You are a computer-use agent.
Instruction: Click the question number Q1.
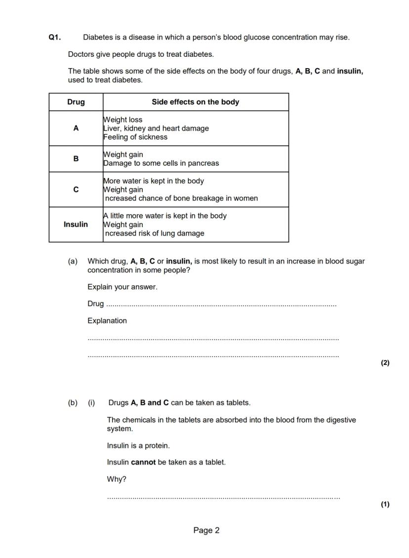tap(54, 38)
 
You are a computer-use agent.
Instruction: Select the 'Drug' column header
tap(76, 102)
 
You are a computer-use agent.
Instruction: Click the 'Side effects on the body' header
tap(195, 102)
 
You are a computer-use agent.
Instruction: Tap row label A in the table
tap(76, 128)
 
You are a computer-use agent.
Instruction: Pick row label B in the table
tap(76, 159)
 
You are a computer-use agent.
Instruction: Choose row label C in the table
tap(76, 190)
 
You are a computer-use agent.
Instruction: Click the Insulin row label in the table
tap(76, 225)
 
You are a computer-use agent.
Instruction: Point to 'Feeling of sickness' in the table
tap(135, 137)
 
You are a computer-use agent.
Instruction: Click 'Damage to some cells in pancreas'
tap(161, 163)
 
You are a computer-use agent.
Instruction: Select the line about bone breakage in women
tap(181, 199)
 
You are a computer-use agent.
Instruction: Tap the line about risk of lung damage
tap(154, 234)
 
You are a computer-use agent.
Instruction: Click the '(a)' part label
tap(73, 261)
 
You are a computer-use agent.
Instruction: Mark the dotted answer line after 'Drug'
tap(221, 305)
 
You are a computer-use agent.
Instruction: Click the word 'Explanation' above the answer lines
tap(107, 321)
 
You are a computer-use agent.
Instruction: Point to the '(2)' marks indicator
tap(385, 363)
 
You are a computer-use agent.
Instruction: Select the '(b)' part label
tap(73, 403)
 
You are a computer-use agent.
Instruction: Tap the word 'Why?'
tap(117, 479)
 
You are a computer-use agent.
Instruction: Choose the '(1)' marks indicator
tap(385, 504)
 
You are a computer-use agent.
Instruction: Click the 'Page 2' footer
tap(206, 531)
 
